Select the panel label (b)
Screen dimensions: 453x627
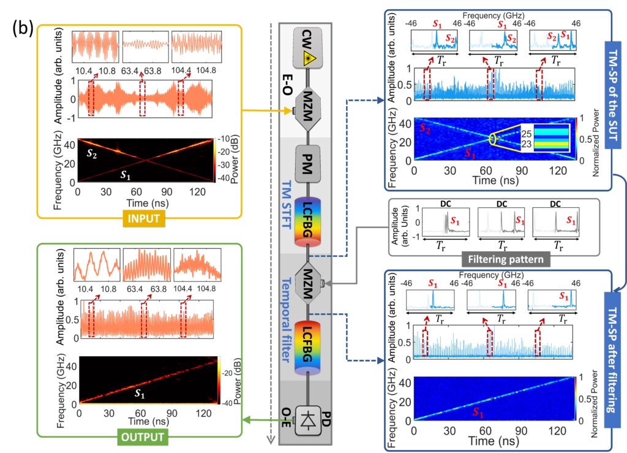(22, 28)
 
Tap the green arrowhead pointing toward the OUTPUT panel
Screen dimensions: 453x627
(247, 420)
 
